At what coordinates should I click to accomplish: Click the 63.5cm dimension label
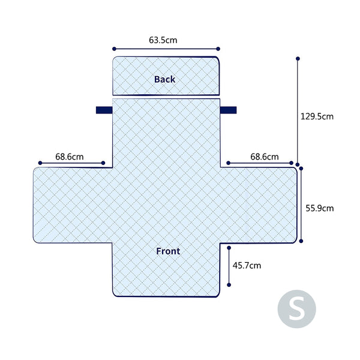pos(163,40)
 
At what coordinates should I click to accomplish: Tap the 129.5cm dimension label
pos(317,116)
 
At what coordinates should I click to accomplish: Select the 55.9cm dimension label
pos(320,208)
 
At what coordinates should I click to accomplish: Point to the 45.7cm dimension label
pos(247,265)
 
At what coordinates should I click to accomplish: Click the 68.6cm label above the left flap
pos(70,157)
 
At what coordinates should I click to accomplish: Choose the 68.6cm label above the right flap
pos(265,157)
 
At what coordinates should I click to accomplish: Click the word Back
pos(164,79)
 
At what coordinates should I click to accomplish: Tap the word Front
pos(168,251)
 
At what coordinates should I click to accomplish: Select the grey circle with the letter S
pos(296,309)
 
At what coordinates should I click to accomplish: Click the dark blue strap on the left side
pos(104,110)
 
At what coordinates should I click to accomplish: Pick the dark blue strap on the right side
pos(228,110)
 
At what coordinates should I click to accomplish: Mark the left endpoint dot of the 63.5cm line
pos(114,49)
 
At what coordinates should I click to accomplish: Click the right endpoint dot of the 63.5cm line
pos(218,49)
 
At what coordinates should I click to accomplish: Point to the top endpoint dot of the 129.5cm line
pos(298,59)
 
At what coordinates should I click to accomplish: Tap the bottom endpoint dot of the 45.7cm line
pos(229,285)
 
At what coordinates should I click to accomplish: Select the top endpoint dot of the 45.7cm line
pos(229,248)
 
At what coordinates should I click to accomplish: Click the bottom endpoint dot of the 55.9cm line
pos(301,241)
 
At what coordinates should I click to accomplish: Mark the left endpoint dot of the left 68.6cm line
pos(40,163)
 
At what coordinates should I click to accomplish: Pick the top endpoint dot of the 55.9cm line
pos(301,169)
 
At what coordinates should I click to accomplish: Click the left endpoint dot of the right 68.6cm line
pos(228,163)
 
